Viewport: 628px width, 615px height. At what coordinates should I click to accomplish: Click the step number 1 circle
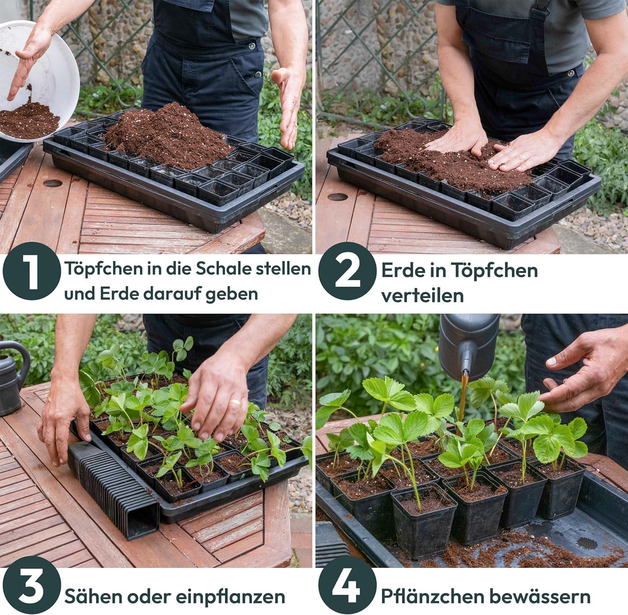[32, 271]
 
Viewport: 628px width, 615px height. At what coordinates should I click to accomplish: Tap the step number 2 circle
[347, 271]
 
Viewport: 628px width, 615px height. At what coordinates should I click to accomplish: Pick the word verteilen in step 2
[422, 296]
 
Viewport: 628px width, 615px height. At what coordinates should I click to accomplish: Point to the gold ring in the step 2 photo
[523, 158]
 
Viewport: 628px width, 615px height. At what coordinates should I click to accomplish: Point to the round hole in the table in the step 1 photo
[52, 183]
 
